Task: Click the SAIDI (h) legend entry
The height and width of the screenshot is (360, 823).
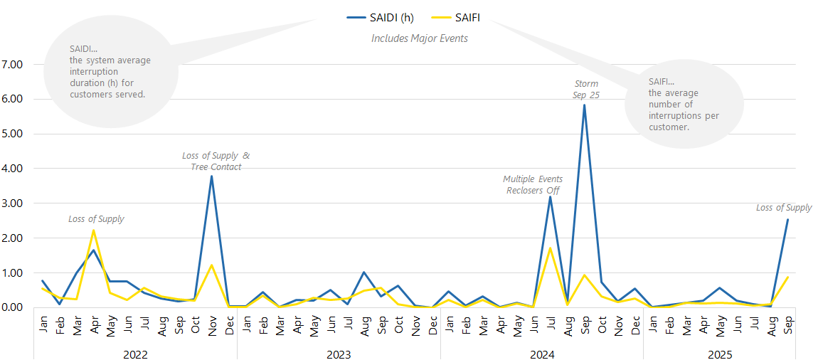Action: (381, 17)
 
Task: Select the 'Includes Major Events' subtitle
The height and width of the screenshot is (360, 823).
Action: (420, 38)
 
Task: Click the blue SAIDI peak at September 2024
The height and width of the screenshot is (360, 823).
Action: (584, 105)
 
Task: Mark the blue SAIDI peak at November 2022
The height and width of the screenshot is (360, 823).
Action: (211, 176)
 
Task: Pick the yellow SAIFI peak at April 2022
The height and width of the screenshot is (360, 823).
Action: (93, 231)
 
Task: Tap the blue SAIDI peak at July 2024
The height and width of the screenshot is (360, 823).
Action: (550, 197)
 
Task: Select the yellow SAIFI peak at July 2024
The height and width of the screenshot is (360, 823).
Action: (550, 248)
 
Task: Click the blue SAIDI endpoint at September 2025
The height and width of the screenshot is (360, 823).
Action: (787, 220)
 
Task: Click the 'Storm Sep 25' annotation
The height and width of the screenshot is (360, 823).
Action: (586, 89)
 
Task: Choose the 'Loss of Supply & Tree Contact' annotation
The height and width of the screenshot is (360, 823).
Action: (216, 161)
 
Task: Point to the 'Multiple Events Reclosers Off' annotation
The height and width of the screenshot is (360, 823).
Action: (533, 184)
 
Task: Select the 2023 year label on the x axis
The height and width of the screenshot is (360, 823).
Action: (339, 354)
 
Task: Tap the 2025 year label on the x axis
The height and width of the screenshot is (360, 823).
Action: (720, 354)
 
